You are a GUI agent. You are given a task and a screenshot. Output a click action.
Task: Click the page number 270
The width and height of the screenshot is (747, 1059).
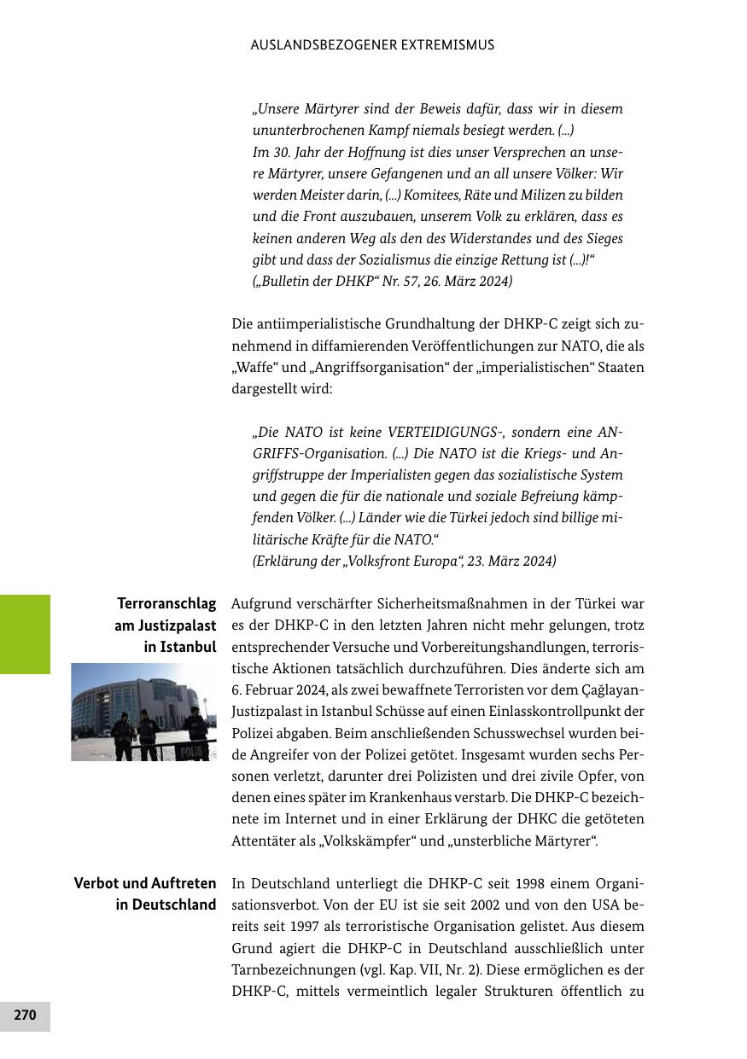pyautogui.click(x=25, y=1015)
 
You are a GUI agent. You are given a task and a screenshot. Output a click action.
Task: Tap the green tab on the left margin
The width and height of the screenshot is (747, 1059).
pyautogui.click(x=25, y=634)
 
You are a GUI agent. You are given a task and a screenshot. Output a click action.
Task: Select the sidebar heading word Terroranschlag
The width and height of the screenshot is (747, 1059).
pyautogui.click(x=166, y=604)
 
